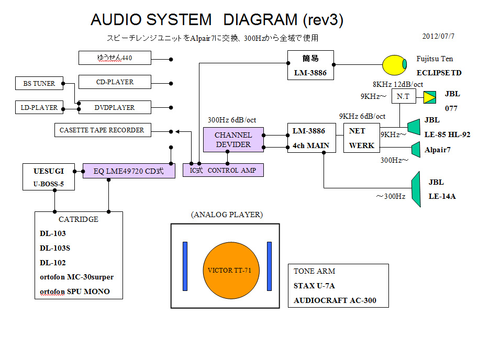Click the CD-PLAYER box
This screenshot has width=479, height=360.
[x=115, y=82]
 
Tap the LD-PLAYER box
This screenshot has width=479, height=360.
[x=38, y=108]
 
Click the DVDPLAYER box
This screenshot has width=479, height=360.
[x=115, y=107]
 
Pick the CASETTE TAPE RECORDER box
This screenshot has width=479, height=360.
[x=102, y=130]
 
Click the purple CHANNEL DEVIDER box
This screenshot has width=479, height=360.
[x=233, y=140]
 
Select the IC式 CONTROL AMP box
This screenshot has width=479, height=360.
[x=223, y=170]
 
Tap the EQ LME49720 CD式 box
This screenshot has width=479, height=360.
[x=128, y=171]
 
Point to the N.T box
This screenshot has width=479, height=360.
[x=403, y=97]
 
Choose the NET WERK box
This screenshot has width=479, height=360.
[x=362, y=139]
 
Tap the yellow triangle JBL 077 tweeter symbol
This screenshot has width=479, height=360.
[x=430, y=97]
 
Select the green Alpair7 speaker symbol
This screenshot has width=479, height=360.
[x=416, y=150]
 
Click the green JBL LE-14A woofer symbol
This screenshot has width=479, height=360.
[x=416, y=189]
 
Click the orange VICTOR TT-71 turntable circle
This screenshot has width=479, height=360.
[x=226, y=271]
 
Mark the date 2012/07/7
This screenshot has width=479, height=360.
[x=438, y=37]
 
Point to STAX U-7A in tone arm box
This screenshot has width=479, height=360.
[x=314, y=286]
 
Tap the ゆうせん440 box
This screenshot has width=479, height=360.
[x=115, y=58]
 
